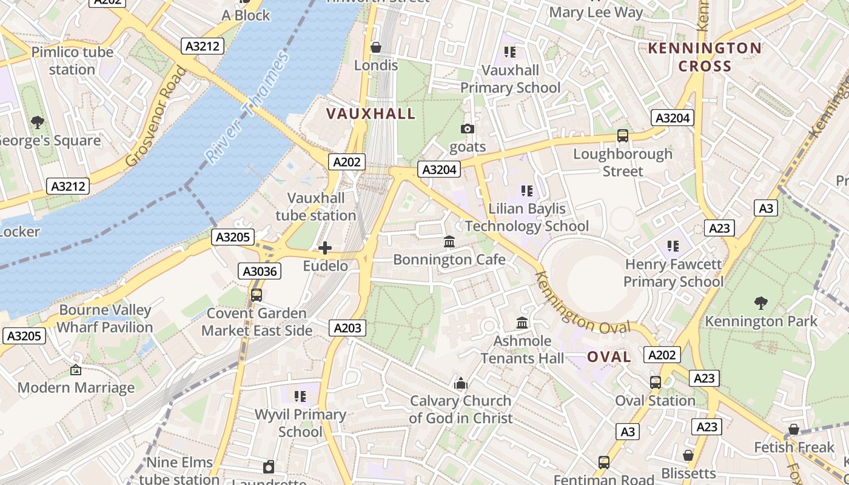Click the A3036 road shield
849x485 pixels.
pos(260,271)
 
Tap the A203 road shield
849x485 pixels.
pos(347,328)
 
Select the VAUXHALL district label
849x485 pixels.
pos(371,113)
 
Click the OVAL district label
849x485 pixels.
pos(609,357)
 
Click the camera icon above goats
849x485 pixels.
pos(468,129)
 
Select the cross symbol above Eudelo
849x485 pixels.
pos(325,248)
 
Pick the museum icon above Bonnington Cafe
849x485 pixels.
pos(449,242)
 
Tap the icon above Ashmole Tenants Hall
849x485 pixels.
pos(522,323)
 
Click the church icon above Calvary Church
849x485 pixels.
pos(461,383)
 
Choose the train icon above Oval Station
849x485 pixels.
pos(655,383)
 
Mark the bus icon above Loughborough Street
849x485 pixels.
pos(622,136)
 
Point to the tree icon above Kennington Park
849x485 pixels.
pos(760,303)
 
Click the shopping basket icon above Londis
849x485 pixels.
pos(376,47)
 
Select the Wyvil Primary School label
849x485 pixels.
pos(300,423)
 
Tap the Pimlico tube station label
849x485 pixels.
pos(72,61)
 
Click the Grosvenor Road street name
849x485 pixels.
pos(156,116)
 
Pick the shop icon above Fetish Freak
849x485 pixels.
pos(793,430)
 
